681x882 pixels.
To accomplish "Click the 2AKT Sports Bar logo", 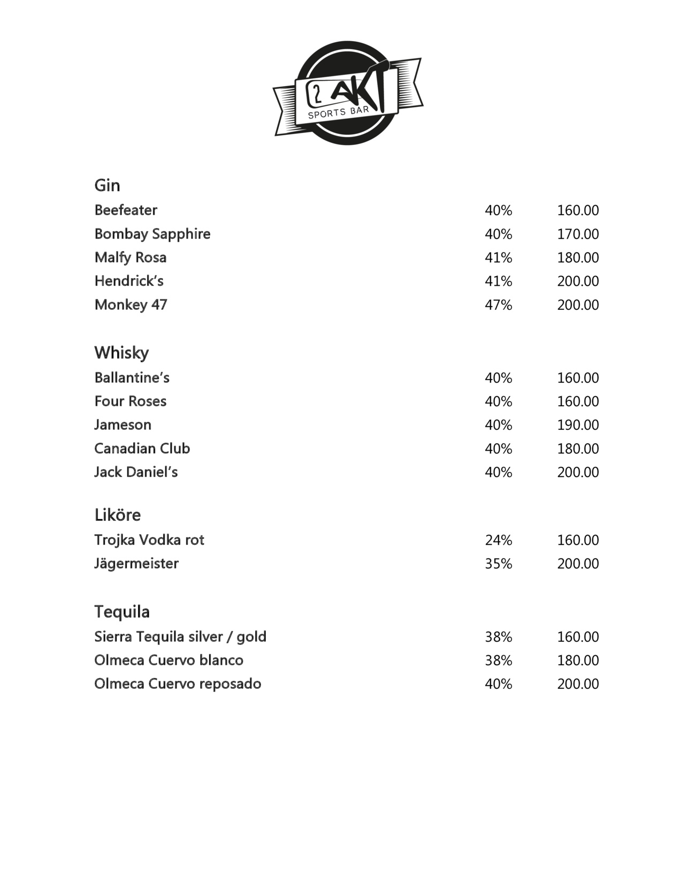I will (x=348, y=93).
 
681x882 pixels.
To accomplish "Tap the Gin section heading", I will (x=107, y=186).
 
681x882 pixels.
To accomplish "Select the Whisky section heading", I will (x=121, y=353).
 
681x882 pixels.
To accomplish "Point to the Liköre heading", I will (x=118, y=515).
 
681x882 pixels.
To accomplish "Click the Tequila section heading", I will (x=122, y=612).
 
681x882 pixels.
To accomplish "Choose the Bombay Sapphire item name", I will (x=152, y=234).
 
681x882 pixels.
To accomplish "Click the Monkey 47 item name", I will (x=131, y=305).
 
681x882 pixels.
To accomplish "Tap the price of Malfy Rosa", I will (x=578, y=258).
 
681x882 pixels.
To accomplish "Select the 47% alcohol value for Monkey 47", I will (x=499, y=305).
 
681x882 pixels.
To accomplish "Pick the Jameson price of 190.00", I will (x=578, y=425).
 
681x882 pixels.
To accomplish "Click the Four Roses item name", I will (x=131, y=401).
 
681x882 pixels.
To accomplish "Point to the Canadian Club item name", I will (x=142, y=448).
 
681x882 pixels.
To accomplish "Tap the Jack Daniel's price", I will (x=578, y=472).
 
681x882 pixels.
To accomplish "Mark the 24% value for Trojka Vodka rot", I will (x=499, y=540).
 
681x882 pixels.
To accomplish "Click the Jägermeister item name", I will (x=136, y=564).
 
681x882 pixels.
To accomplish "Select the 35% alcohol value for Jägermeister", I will (x=499, y=564).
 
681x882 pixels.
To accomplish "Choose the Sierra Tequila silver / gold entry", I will (x=180, y=637).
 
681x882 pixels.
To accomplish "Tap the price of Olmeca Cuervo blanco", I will (x=578, y=660).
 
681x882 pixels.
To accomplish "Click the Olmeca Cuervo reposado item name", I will (x=178, y=684).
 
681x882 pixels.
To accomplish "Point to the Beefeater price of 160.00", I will (x=578, y=210).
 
